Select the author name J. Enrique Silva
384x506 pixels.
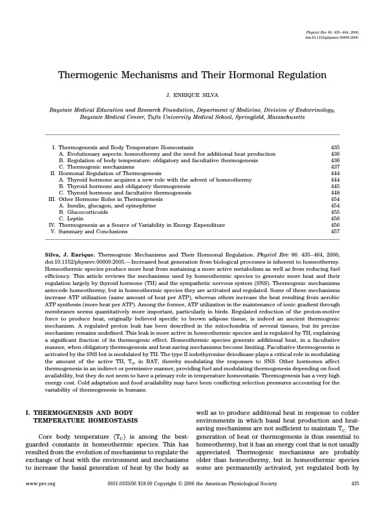click(x=192, y=96)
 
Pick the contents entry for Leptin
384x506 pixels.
click(x=74, y=218)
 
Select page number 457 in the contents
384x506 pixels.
click(x=335, y=231)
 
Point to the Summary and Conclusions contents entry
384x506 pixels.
click(x=89, y=231)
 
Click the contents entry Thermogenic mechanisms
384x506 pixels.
click(x=96, y=167)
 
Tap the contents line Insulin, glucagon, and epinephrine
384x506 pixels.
click(x=107, y=206)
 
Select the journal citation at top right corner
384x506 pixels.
click(x=331, y=35)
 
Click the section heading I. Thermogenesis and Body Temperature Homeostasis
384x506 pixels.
click(x=79, y=416)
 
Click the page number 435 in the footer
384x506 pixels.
click(x=354, y=483)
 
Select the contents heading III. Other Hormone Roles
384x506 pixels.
click(x=105, y=199)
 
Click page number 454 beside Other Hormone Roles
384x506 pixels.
click(x=335, y=199)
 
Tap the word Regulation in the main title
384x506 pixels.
click(x=292, y=74)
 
